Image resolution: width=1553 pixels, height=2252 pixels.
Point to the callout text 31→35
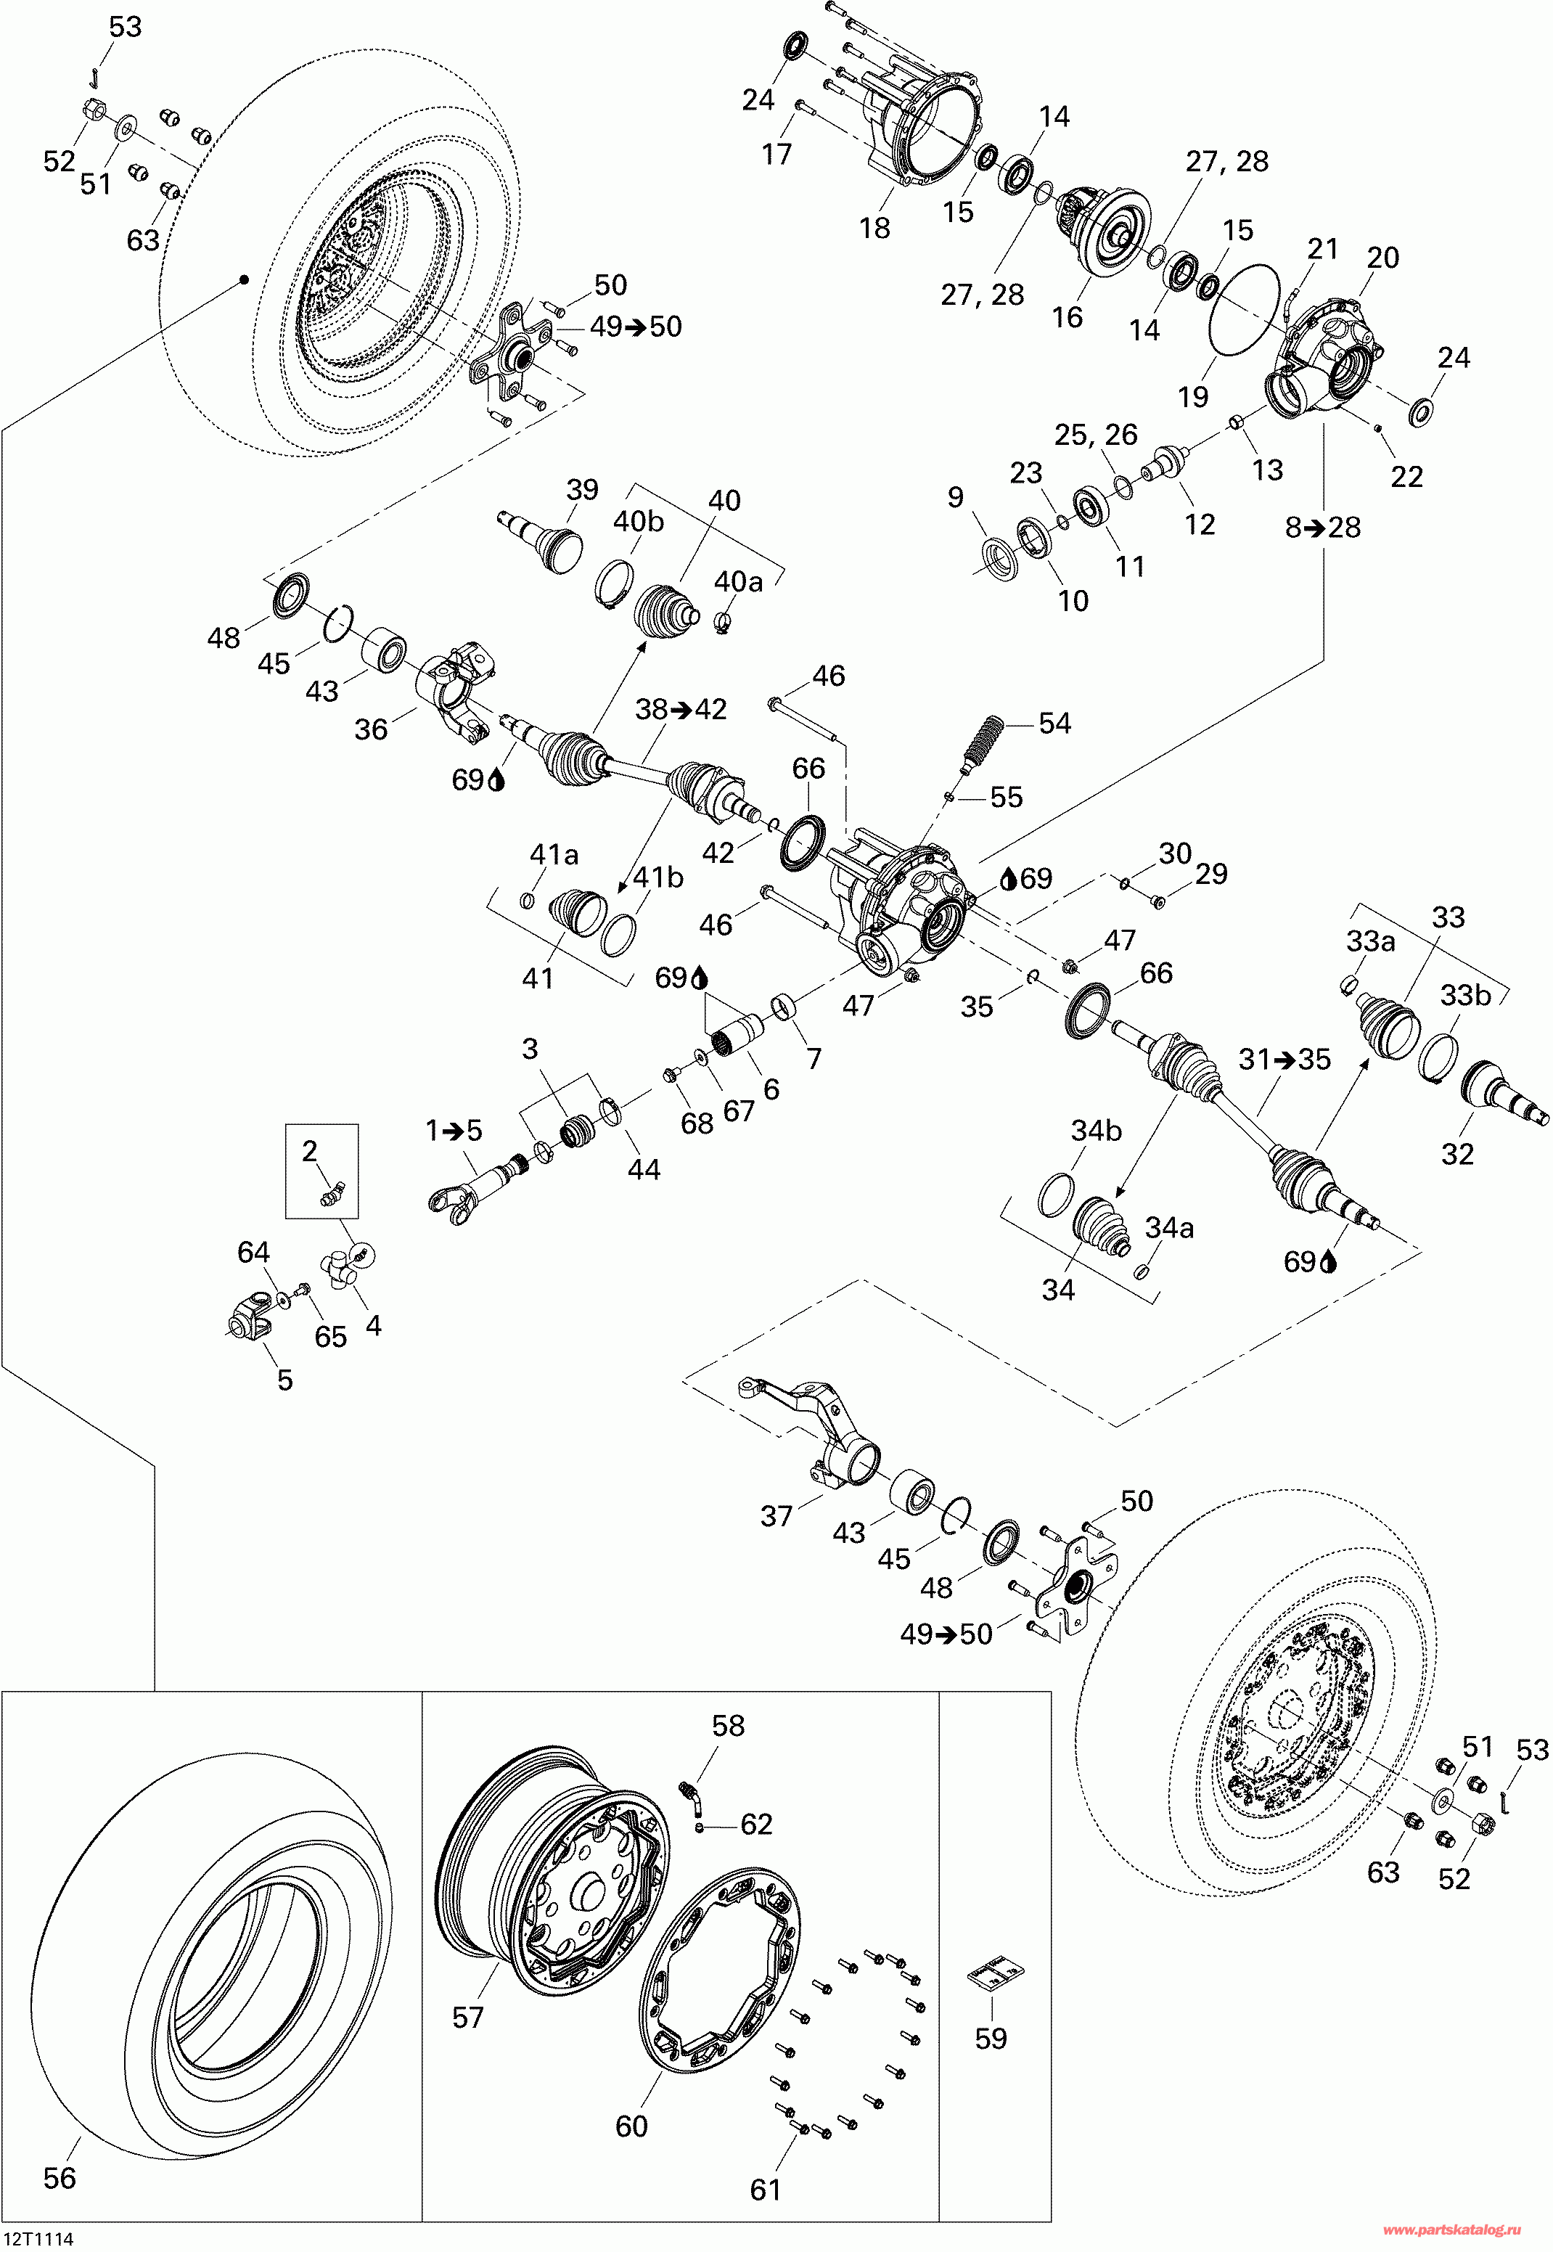click(1284, 1059)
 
